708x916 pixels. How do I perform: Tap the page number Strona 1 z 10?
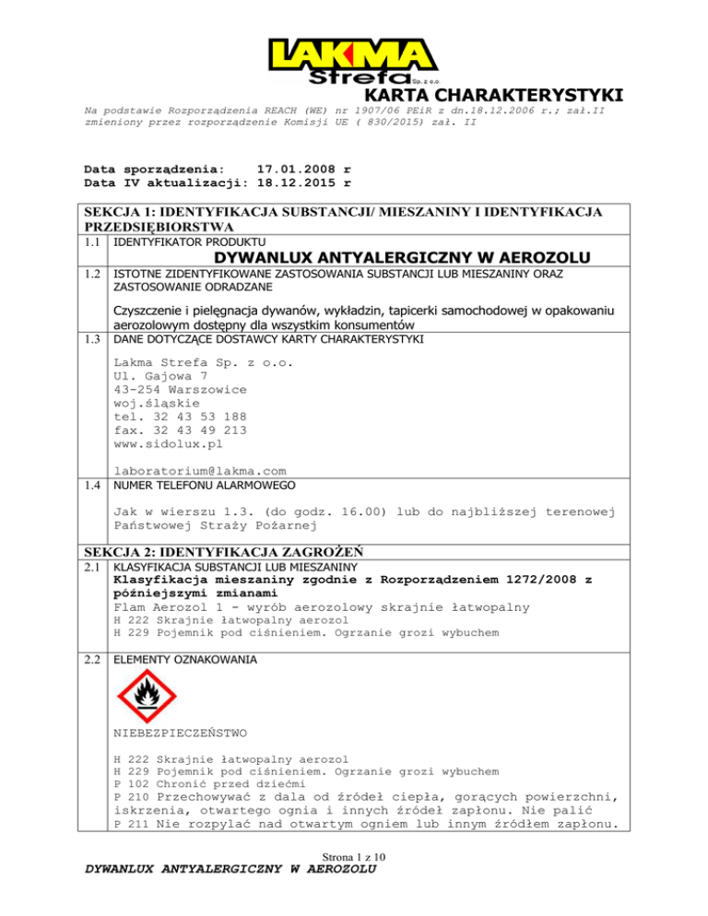[353, 883]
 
